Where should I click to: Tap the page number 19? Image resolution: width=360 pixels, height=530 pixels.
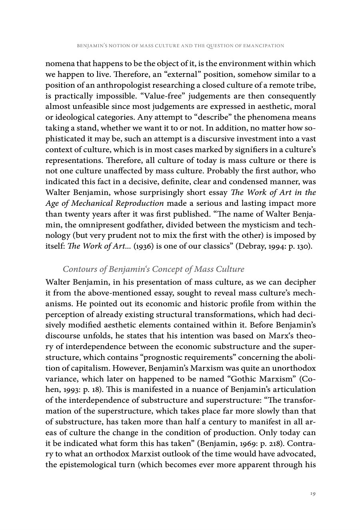[x=313, y=493]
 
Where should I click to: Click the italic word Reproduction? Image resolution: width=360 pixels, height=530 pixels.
[x=138, y=204]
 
